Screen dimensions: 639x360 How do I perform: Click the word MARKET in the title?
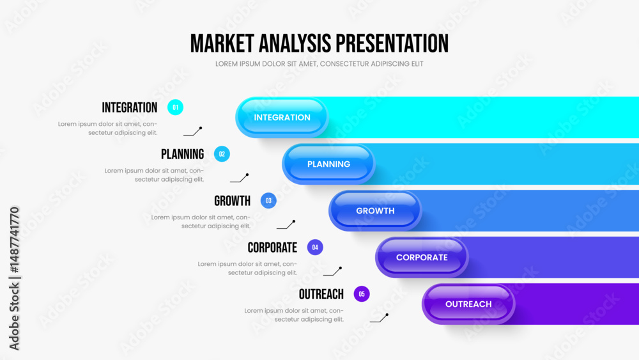click(x=222, y=43)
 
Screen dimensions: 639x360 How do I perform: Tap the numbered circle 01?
click(x=175, y=107)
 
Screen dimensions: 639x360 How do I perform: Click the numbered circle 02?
click(x=222, y=154)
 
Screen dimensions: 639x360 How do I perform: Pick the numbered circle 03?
click(x=268, y=201)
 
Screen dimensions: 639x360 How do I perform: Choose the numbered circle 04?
click(x=315, y=247)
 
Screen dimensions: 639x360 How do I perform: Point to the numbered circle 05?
click(x=362, y=294)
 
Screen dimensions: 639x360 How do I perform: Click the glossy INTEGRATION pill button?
click(x=282, y=118)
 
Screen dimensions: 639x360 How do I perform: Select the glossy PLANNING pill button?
click(x=328, y=164)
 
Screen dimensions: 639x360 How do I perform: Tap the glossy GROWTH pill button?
click(x=375, y=211)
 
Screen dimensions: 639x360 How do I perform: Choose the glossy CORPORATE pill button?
click(x=422, y=257)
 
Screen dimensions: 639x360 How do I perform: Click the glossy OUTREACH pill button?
click(x=468, y=304)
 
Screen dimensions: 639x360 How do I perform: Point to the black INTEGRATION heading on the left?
click(x=130, y=107)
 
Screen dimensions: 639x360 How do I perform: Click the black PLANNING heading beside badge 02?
click(x=183, y=154)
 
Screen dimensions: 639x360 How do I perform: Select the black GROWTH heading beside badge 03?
click(x=233, y=201)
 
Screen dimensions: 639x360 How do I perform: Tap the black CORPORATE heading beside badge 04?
click(x=272, y=247)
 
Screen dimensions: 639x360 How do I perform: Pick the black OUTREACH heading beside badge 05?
click(x=321, y=294)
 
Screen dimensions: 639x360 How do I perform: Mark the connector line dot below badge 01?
click(x=201, y=128)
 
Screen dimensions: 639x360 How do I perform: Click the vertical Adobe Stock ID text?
click(x=14, y=278)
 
